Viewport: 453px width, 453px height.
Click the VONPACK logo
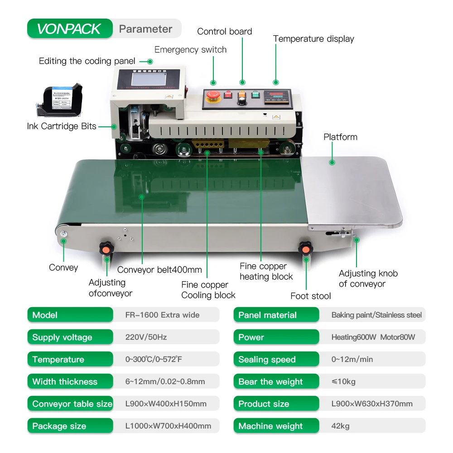click(x=69, y=29)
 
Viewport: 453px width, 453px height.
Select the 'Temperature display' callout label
click(x=313, y=39)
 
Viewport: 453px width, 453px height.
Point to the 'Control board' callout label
click(x=224, y=32)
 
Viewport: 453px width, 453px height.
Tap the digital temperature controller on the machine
click(x=278, y=96)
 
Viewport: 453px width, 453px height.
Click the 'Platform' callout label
click(x=340, y=137)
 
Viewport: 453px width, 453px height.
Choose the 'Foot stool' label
click(x=311, y=296)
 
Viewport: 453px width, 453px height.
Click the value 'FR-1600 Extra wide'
click(x=162, y=315)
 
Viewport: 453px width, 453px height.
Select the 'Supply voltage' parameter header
click(x=62, y=337)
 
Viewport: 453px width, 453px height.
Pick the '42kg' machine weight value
click(x=340, y=426)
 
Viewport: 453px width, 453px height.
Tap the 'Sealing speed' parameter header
click(x=267, y=360)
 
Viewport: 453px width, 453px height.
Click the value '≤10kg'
click(x=343, y=381)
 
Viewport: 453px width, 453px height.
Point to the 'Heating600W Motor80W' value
click(x=373, y=337)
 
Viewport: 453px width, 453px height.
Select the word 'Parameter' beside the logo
click(x=145, y=29)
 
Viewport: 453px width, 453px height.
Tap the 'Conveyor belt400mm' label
click(x=159, y=270)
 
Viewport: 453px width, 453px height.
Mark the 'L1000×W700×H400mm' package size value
click(x=168, y=426)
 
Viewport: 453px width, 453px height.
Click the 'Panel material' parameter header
click(x=267, y=315)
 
